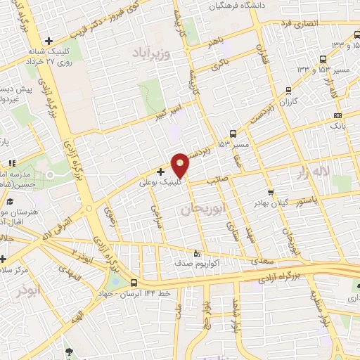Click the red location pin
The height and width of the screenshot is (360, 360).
(x=181, y=165)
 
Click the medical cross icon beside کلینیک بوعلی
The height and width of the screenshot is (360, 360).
(x=161, y=171)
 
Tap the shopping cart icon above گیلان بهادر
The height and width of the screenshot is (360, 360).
(x=270, y=193)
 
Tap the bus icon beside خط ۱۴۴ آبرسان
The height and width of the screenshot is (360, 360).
(x=134, y=283)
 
